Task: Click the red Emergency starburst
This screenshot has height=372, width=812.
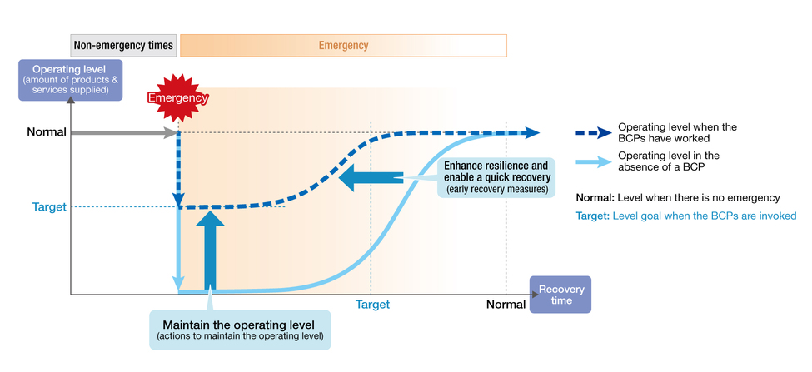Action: click(177, 98)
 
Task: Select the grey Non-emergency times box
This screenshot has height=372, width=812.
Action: click(124, 46)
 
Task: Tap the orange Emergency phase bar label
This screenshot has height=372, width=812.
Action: click(343, 46)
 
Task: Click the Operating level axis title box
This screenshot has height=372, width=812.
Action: click(71, 80)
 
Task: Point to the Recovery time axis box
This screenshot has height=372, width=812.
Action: click(560, 295)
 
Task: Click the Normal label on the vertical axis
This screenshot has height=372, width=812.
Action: click(47, 132)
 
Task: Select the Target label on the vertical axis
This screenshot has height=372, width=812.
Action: click(49, 207)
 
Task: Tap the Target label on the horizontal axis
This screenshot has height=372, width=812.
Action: click(372, 305)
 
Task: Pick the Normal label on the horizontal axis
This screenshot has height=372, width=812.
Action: click(506, 305)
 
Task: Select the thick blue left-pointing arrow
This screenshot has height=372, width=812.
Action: click(371, 178)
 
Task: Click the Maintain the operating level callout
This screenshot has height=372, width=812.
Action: click(240, 330)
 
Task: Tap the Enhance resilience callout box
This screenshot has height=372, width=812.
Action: click(496, 178)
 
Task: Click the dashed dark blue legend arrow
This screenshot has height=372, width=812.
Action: click(594, 132)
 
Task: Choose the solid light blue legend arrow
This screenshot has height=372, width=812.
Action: click(594, 162)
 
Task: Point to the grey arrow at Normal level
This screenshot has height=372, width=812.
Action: click(124, 133)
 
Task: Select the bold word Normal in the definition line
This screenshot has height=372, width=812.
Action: click(595, 197)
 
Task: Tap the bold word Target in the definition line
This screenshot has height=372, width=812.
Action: click(592, 216)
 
